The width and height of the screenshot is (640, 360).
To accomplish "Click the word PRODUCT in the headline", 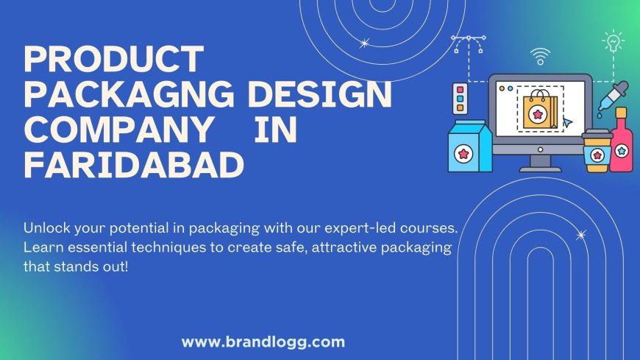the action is click(114, 59).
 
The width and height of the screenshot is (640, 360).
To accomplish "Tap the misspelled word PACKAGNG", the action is click(129, 94).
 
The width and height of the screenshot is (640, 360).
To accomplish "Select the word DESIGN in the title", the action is click(319, 94).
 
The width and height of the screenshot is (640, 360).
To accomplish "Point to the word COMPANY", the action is click(118, 130).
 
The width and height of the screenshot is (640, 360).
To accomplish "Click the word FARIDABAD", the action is click(134, 165).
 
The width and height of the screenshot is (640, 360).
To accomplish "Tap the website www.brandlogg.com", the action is click(263, 342).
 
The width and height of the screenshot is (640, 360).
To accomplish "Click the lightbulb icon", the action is click(613, 41).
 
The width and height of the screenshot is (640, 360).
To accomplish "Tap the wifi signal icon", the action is click(540, 57).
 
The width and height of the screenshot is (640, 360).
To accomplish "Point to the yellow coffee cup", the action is click(597, 150).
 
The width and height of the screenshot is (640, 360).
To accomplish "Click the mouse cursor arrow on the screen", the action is click(567, 121).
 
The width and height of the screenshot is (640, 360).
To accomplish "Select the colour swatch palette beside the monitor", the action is click(460, 99).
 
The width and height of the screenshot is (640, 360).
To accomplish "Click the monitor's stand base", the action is click(540, 169).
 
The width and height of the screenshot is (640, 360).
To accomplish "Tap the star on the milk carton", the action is click(463, 154).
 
